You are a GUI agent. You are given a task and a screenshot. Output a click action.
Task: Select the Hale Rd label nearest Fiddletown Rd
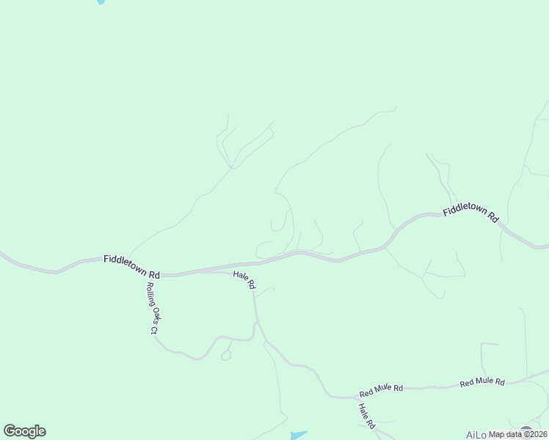tap(244, 279)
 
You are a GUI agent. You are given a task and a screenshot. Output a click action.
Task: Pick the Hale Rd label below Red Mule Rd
tap(367, 415)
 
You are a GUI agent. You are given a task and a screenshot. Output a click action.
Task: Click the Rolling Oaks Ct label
tap(152, 308)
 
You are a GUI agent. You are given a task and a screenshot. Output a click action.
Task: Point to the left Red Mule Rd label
tap(381, 389)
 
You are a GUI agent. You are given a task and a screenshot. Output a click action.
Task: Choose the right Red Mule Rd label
tap(482, 382)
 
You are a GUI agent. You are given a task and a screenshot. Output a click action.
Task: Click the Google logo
tap(24, 431)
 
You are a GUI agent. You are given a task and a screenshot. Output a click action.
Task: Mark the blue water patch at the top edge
tap(101, 2)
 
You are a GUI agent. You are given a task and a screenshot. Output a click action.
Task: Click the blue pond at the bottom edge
tap(298, 436)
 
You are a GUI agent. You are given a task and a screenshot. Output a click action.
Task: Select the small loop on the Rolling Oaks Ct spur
tap(226, 356)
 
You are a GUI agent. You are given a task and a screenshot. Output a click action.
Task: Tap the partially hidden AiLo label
tap(476, 435)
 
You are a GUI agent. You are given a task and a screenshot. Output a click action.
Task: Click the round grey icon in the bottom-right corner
tap(526, 431)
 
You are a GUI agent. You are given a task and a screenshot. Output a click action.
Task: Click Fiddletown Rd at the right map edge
tap(545, 247)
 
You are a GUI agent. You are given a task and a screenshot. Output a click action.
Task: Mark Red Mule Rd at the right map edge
tap(545, 372)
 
